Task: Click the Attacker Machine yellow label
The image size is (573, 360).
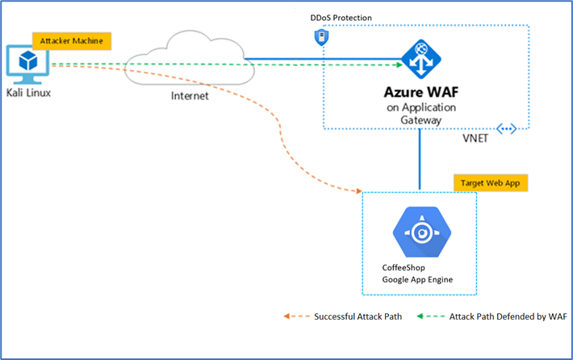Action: pos(71,40)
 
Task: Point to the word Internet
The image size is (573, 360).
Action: pos(190,96)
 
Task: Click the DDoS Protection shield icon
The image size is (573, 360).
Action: pos(321,37)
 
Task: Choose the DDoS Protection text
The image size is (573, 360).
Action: pos(342,17)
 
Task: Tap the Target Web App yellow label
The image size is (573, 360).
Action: pos(491,182)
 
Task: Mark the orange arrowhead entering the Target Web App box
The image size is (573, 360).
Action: pos(358,191)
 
